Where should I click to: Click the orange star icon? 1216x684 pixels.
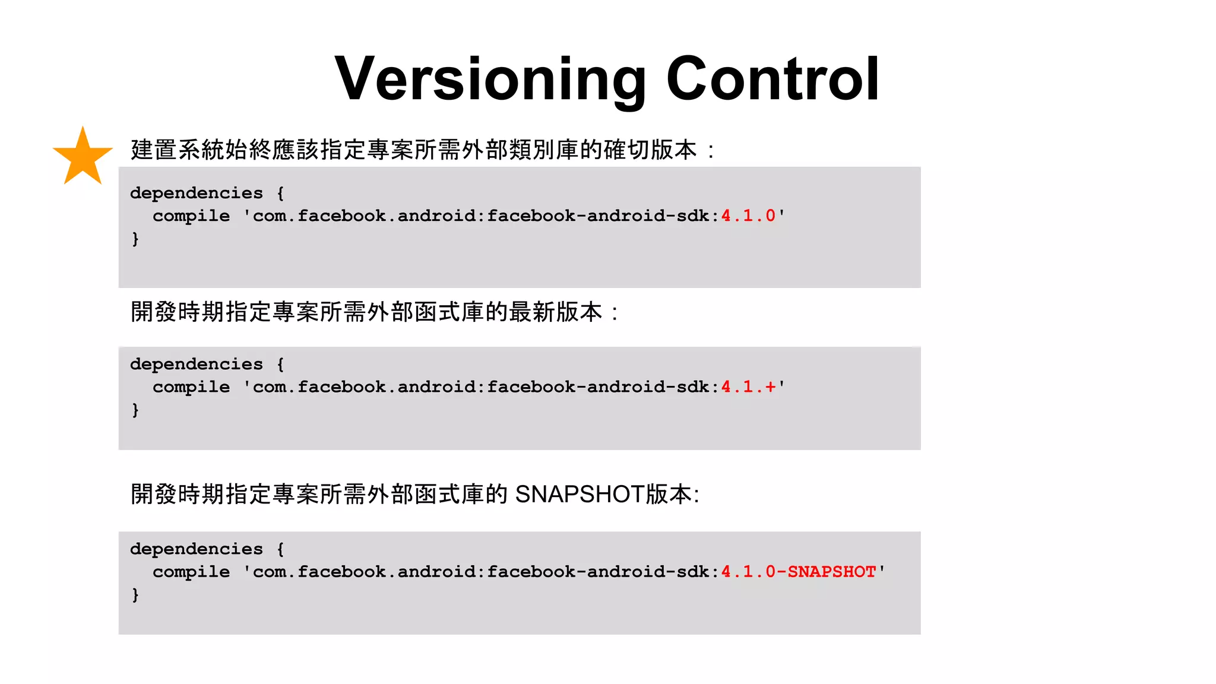pos(83,157)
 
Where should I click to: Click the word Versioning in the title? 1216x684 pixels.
pos(490,80)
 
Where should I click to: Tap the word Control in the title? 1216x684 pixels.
pos(772,80)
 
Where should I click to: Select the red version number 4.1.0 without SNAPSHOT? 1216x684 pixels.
pos(748,216)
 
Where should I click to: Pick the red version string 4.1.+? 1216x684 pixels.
pos(748,387)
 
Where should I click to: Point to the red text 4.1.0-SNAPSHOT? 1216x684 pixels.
pos(799,572)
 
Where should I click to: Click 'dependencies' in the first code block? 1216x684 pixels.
pos(196,193)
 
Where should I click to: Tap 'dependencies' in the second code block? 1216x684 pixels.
pos(196,364)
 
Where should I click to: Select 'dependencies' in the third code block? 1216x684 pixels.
pos(196,549)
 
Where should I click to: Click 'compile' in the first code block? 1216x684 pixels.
pos(191,216)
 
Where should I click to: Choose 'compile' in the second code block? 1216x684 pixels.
pos(191,387)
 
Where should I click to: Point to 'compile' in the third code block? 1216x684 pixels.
pos(191,572)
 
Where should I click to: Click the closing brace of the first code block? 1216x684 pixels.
pos(135,239)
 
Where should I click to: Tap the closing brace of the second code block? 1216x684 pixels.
pos(135,410)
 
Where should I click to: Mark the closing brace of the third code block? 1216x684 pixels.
pos(135,595)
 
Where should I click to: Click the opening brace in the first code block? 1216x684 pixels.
pos(280,193)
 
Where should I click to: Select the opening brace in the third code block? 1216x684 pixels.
pos(280,549)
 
